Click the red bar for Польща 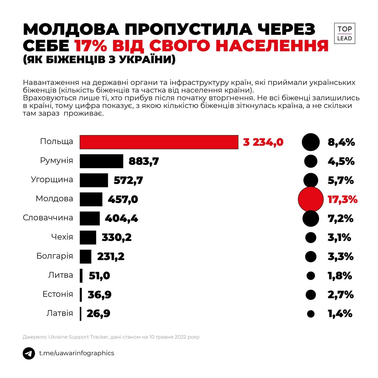159,142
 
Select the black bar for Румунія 101,161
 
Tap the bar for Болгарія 86,256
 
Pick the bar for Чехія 88,237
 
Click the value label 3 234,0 263,142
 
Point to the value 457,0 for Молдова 123,199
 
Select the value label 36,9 100,294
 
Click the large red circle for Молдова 311,199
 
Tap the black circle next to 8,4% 311,142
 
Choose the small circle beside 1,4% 311,314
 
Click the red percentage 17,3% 343,199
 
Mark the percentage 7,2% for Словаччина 340,219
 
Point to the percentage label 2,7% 340,294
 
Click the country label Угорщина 52,180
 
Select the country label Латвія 60,313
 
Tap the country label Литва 61,275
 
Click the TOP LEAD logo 345,33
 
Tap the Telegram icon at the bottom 29,353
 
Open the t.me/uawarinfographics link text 77,353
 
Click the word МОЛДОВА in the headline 71,29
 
